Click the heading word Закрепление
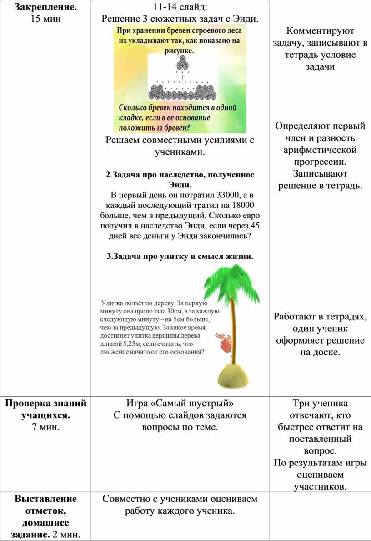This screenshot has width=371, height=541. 45,7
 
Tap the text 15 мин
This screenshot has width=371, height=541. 45,19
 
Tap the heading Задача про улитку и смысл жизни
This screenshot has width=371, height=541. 180,257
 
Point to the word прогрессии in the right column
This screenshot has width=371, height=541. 320,162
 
